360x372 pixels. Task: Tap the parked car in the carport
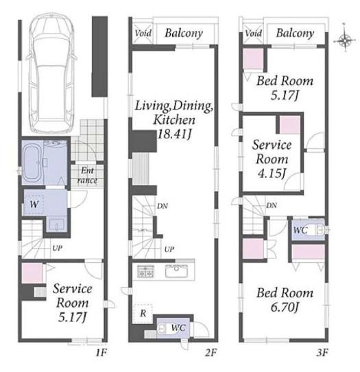(x=52, y=73)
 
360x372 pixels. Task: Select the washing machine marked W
(x=34, y=204)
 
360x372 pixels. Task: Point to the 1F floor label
(x=101, y=353)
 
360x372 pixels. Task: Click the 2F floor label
(x=211, y=353)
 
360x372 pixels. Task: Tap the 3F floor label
(x=322, y=353)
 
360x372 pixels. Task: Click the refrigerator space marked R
(x=143, y=313)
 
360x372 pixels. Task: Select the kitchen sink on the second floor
(x=176, y=271)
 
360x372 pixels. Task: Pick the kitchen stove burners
(x=145, y=271)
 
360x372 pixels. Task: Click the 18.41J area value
(x=174, y=135)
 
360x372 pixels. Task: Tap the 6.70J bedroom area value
(x=285, y=308)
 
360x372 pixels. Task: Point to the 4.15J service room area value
(x=272, y=173)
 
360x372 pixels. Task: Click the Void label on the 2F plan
(x=143, y=33)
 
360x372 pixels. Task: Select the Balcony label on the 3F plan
(x=295, y=33)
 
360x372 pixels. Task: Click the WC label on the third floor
(x=300, y=230)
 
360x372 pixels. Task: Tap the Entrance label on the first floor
(x=87, y=175)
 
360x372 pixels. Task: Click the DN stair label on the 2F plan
(x=163, y=206)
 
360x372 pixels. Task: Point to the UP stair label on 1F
(x=57, y=248)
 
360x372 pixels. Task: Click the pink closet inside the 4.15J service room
(x=289, y=125)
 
